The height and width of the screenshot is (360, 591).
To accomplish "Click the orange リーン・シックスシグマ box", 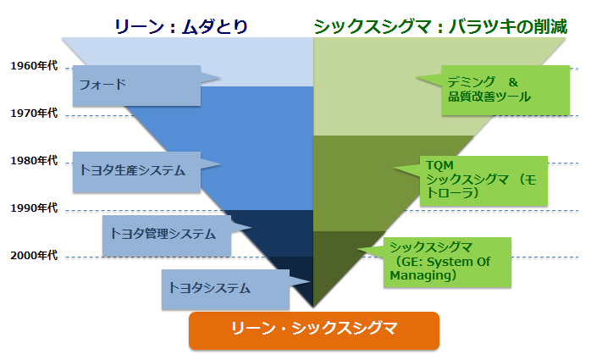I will coord(314,329).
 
